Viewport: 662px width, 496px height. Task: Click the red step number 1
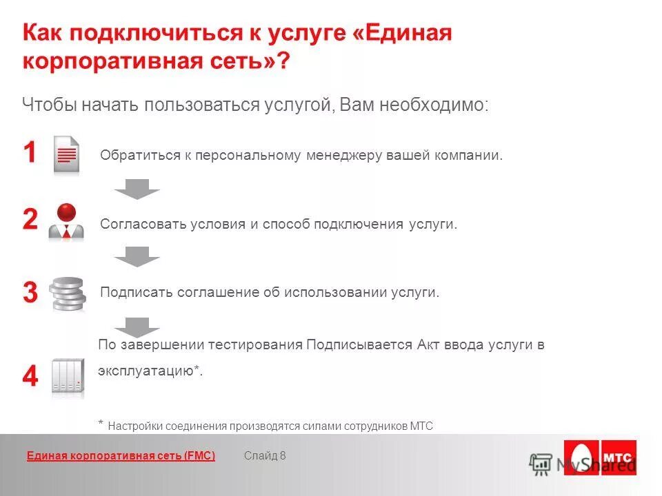[x=30, y=153]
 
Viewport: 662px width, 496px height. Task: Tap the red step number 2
[x=30, y=220]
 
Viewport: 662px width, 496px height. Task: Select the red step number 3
[x=30, y=293]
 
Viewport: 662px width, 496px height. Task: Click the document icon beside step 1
[x=67, y=154]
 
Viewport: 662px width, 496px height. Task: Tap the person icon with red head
[x=66, y=222]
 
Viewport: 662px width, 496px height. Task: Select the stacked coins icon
[x=68, y=294]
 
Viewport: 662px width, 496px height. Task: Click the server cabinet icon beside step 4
[x=68, y=378]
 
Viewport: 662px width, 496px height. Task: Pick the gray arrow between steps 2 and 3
[x=137, y=256]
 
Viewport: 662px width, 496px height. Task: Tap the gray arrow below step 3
[x=137, y=326]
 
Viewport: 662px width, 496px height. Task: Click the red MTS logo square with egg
[x=582, y=457]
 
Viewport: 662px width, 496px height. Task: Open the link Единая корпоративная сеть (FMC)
[x=121, y=455]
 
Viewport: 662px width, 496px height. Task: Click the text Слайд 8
[x=265, y=455]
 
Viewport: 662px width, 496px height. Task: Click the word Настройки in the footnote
[x=135, y=426]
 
